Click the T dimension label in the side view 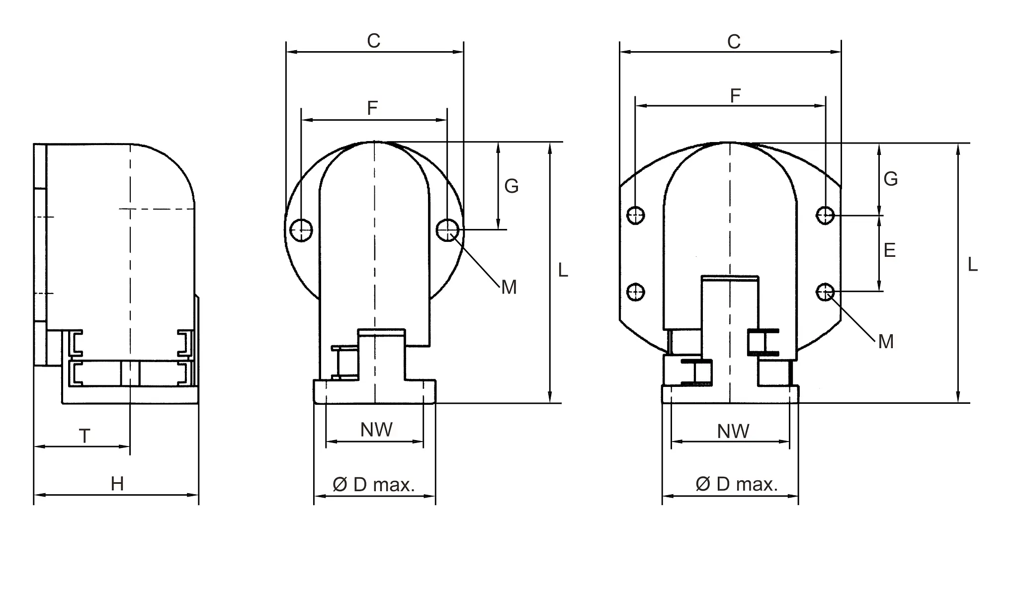85,437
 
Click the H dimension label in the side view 117,484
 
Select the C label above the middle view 373,41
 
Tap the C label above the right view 734,42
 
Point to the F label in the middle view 372,108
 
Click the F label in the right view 735,96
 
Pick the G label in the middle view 511,186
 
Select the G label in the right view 891,179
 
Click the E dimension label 890,250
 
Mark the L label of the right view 973,265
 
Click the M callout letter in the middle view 509,288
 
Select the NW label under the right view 733,432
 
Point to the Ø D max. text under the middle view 373,485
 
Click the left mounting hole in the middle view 301,230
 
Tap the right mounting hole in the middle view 448,229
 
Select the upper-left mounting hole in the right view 636,216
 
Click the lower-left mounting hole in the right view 636,292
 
